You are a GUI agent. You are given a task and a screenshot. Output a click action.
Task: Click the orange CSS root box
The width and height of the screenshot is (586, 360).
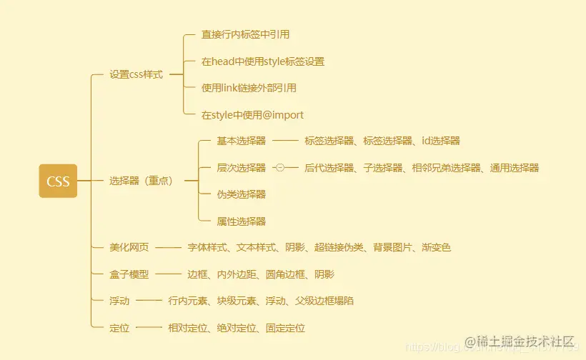[x=58, y=181]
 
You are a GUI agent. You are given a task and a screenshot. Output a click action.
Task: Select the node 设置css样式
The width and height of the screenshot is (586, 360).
[x=136, y=74]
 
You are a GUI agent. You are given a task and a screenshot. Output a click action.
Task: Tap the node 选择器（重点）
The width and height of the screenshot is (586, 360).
[x=141, y=181]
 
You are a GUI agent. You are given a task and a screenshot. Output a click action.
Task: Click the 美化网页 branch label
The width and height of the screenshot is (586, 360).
[x=129, y=248]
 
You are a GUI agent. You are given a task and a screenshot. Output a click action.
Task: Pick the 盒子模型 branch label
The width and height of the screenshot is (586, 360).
[x=129, y=274]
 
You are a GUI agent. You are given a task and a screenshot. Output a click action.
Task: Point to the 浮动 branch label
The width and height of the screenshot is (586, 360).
[x=119, y=301]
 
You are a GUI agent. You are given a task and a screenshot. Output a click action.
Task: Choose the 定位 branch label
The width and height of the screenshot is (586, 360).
[x=119, y=328]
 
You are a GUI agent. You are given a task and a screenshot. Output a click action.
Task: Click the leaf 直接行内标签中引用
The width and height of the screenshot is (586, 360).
[x=245, y=34]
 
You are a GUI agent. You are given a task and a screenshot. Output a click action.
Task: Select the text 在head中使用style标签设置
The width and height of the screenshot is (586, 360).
[x=262, y=61]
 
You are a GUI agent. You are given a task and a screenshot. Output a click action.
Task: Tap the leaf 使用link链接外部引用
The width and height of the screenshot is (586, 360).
[x=249, y=88]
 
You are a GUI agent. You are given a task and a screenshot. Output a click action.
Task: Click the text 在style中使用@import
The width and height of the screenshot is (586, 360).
[x=252, y=114]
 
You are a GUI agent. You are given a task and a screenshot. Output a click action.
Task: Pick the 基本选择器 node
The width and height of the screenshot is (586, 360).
[x=242, y=141]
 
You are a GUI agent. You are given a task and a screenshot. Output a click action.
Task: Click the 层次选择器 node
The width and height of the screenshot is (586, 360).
[x=242, y=168]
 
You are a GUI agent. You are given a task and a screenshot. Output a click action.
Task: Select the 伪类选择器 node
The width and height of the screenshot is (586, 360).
[x=242, y=194]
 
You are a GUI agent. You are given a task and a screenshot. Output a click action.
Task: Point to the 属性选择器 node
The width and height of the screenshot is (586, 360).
[x=242, y=221]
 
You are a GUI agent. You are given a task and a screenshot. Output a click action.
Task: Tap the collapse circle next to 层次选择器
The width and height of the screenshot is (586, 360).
[x=279, y=168]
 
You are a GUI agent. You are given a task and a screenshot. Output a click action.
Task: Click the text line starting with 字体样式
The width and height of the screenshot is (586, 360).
[x=319, y=248]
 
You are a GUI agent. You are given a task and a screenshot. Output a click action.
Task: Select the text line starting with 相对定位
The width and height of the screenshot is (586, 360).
[x=236, y=328]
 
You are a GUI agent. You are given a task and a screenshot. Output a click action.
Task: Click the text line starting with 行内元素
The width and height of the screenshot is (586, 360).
[x=260, y=301]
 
